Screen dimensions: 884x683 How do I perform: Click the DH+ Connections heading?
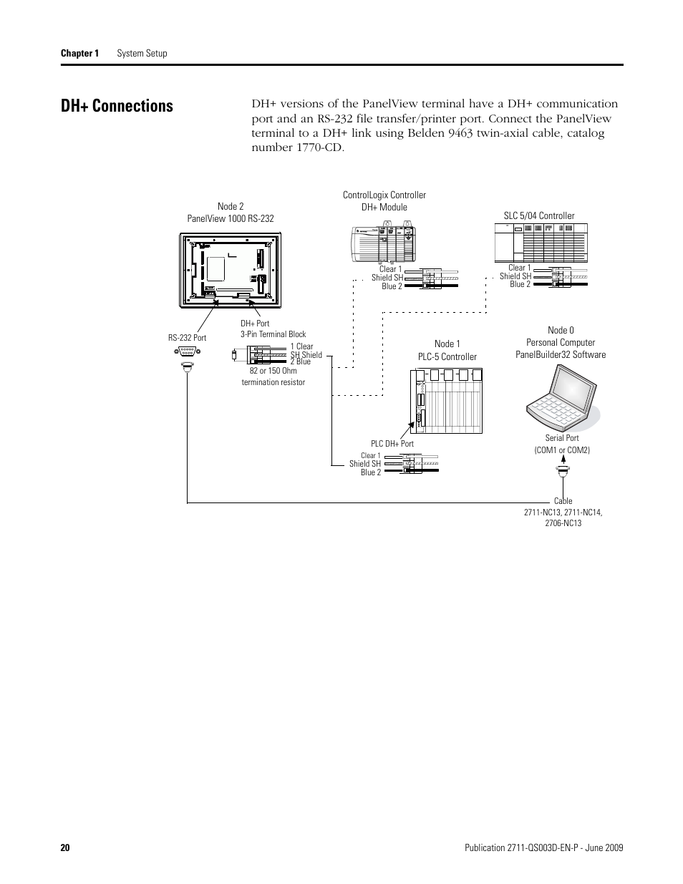[x=117, y=106]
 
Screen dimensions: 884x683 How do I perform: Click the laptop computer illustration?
[x=562, y=397]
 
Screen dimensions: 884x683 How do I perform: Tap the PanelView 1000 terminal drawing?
[x=230, y=269]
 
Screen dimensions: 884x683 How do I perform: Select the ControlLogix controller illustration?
[x=383, y=243]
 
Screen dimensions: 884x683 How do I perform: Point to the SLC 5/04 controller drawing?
[x=541, y=243]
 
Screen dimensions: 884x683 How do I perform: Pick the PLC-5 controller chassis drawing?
[x=447, y=401]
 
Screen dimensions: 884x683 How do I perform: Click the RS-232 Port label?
[x=188, y=338]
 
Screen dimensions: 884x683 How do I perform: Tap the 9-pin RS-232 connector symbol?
[x=188, y=351]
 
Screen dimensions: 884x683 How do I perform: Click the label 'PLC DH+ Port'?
[x=392, y=444]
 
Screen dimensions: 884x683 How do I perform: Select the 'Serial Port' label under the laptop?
[x=562, y=438]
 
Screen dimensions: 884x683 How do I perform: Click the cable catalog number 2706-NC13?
[x=562, y=523]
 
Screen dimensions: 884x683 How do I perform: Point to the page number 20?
[x=65, y=848]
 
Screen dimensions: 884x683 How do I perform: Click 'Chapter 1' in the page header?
[x=79, y=54]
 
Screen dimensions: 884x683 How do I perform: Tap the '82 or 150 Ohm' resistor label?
[x=273, y=371]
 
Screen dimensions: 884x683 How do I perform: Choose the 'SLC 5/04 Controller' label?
[x=539, y=215]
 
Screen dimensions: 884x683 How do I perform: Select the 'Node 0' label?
[x=561, y=330]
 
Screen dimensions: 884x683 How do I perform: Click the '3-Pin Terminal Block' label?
[x=273, y=334]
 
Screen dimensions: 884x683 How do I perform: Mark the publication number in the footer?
[x=540, y=848]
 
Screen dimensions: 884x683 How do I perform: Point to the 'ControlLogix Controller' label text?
[x=384, y=195]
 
